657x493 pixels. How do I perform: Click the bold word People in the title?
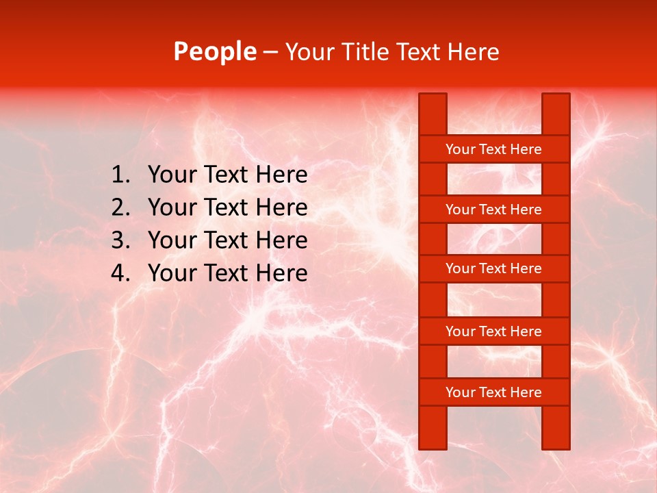pos(214,51)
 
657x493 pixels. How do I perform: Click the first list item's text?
pos(227,175)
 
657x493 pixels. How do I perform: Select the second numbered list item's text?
pos(227,207)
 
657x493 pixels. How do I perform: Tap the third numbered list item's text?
pos(227,240)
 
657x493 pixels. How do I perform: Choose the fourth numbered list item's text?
pos(227,273)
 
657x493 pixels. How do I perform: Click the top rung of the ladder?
pos(493,149)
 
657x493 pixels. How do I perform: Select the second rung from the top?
pos(493,210)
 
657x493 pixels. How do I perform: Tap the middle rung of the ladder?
pos(493,268)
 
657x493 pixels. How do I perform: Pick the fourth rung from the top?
pos(493,331)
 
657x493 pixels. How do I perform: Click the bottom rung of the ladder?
pos(493,392)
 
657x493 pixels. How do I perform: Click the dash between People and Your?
pos(270,52)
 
